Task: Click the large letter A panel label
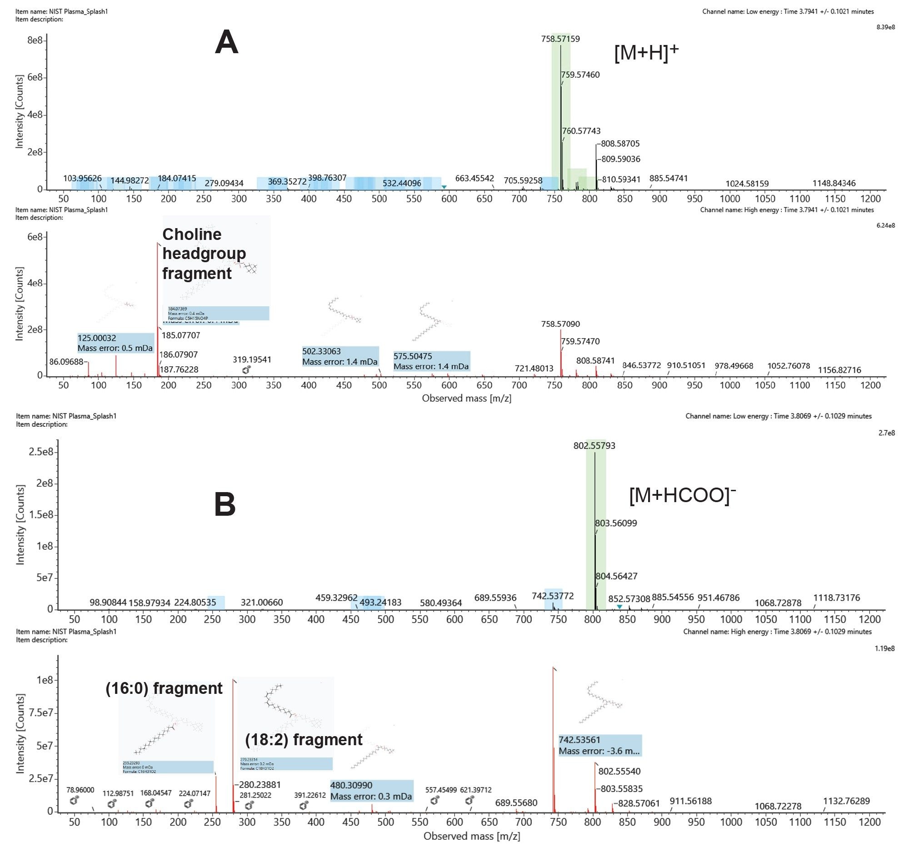226,43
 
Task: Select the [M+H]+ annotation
646,54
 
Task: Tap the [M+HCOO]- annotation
682,495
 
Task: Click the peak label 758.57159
560,39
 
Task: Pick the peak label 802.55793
594,445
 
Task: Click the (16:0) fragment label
164,688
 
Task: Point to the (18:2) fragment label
304,740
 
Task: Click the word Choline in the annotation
192,234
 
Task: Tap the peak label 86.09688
66,362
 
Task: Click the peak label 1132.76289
846,801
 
